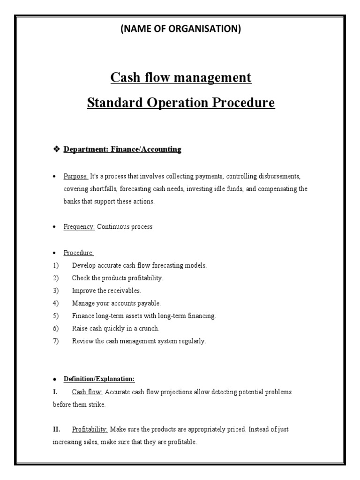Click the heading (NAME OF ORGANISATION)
180,29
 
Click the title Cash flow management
181,77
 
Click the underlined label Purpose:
75,176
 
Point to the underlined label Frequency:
79,227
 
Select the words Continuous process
124,227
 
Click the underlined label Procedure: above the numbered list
79,253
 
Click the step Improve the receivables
106,291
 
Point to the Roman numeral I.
55,392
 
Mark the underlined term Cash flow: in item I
87,392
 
